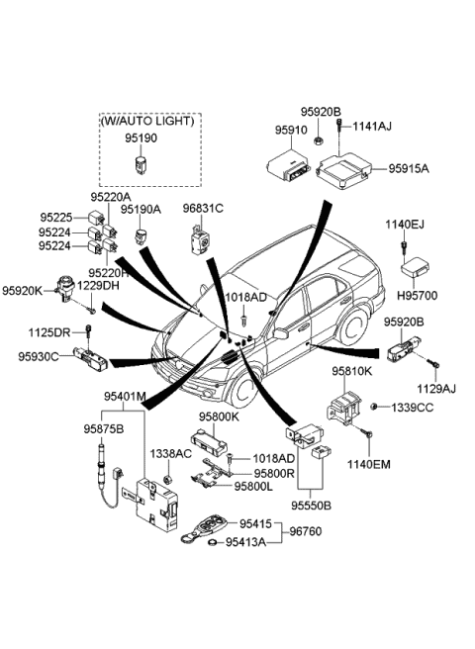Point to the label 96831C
(202, 209)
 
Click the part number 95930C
(38, 356)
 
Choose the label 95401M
(125, 397)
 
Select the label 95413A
(246, 542)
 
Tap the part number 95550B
(311, 504)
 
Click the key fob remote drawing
(211, 524)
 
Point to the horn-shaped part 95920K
(67, 286)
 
